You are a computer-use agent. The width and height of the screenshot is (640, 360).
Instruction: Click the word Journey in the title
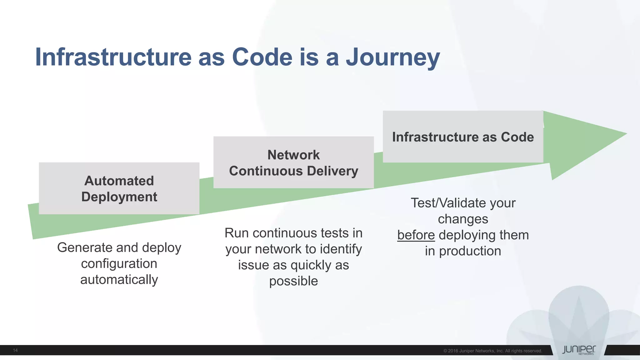click(x=393, y=57)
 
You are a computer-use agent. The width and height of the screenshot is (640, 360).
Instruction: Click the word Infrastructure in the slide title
click(x=113, y=57)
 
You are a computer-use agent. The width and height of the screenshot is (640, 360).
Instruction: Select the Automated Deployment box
click(x=119, y=188)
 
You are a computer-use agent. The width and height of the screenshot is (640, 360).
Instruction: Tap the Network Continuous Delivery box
click(x=293, y=162)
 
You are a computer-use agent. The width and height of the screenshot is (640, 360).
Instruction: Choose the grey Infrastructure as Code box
click(x=463, y=137)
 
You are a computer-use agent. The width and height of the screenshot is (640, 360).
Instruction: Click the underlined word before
click(x=416, y=235)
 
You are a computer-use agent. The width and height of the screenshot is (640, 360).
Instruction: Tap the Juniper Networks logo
click(x=579, y=350)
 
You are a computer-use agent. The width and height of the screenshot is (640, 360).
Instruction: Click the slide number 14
click(x=15, y=350)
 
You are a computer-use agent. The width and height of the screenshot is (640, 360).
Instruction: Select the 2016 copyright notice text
click(x=492, y=351)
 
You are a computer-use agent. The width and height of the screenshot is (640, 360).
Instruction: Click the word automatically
click(x=119, y=280)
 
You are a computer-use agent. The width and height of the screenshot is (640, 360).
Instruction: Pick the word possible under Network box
click(x=293, y=281)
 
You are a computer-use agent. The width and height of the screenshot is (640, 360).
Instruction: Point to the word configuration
click(x=119, y=264)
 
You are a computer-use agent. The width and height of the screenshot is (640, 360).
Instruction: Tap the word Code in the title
click(x=262, y=57)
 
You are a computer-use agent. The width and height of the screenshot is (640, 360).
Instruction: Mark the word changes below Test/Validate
click(x=463, y=219)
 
